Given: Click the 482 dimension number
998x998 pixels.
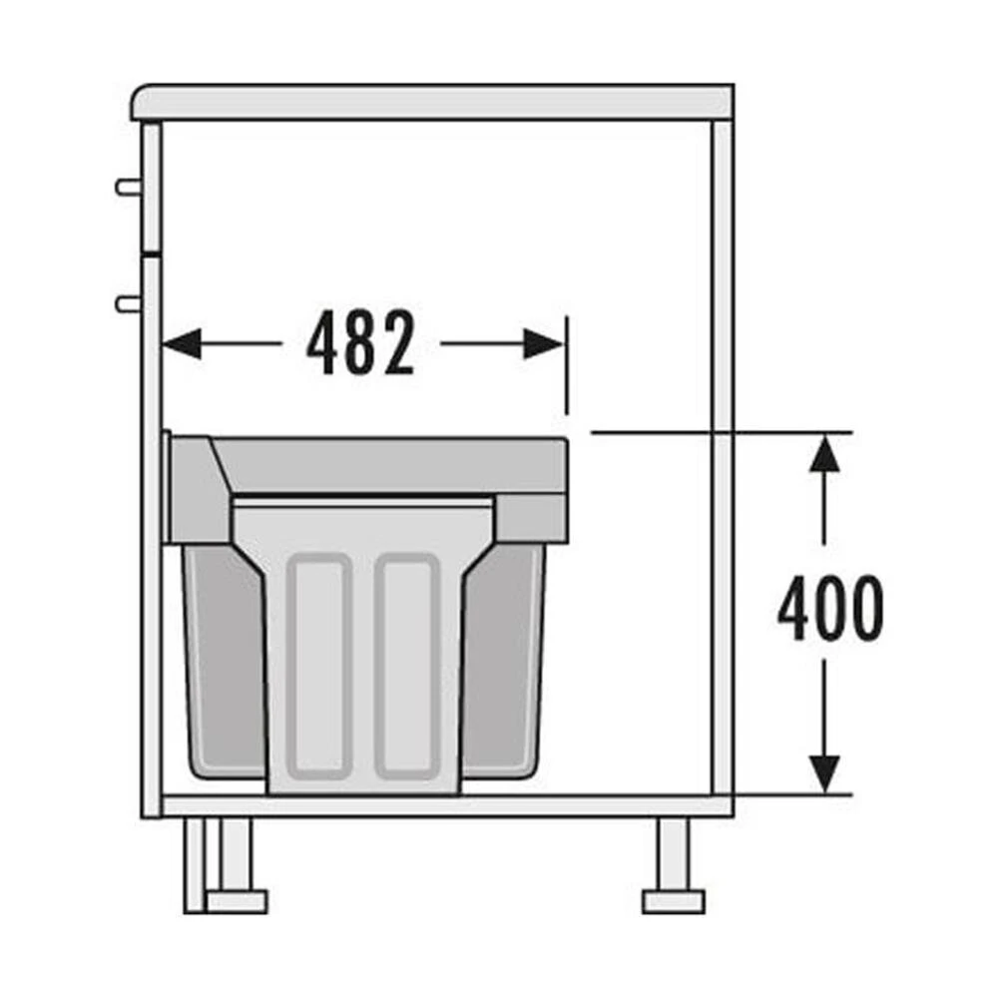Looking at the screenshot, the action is coord(361,343).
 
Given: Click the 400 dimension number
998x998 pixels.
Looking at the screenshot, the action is coord(830,608).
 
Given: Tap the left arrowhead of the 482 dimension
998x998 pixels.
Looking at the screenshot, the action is coord(183,343).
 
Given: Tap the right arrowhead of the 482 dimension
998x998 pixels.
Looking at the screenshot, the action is coord(543,343).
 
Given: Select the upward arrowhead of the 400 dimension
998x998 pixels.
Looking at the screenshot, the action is coord(825,454).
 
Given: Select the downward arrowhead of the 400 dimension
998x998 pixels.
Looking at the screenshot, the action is coord(825,774).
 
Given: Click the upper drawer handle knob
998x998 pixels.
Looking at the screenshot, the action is coord(128,188).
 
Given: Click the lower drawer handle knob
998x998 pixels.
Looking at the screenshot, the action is coord(128,304).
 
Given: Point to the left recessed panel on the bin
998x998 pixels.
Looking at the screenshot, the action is coord(319,667).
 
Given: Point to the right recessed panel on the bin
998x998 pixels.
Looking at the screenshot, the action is coord(407,667).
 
